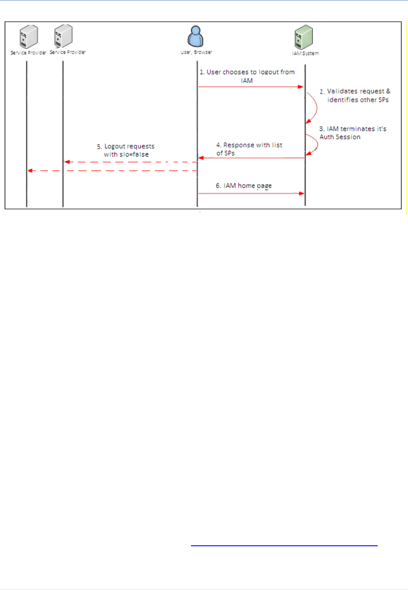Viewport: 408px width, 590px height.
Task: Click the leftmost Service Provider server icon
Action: pyautogui.click(x=29, y=37)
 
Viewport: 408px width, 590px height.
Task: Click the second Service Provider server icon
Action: pyautogui.click(x=63, y=36)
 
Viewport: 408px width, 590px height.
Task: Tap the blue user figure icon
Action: pyautogui.click(x=195, y=36)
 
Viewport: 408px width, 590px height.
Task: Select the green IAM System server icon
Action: pyautogui.click(x=304, y=37)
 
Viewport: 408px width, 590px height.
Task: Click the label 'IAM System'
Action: pyautogui.click(x=305, y=53)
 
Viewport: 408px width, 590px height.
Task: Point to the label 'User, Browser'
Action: pyautogui.click(x=196, y=52)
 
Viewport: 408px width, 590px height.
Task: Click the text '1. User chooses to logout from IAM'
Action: pyautogui.click(x=247, y=76)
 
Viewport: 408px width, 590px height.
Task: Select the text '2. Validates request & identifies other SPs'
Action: pyautogui.click(x=355, y=95)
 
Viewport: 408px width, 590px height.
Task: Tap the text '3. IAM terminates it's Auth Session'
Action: pyautogui.click(x=353, y=133)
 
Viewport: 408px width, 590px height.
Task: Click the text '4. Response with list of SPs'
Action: pyautogui.click(x=249, y=149)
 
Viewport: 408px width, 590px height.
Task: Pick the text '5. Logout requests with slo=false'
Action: pyautogui.click(x=126, y=150)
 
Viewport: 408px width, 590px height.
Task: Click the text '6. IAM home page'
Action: pyautogui.click(x=244, y=186)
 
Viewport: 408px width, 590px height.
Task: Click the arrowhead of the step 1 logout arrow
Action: pyautogui.click(x=301, y=87)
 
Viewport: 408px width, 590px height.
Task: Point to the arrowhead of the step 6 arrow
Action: pyautogui.click(x=302, y=193)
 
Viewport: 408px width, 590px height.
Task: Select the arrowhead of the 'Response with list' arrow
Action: pyautogui.click(x=201, y=158)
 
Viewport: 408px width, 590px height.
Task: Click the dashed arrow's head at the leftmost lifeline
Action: pyautogui.click(x=30, y=171)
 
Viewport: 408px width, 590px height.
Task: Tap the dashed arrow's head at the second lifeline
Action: pyautogui.click(x=67, y=162)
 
